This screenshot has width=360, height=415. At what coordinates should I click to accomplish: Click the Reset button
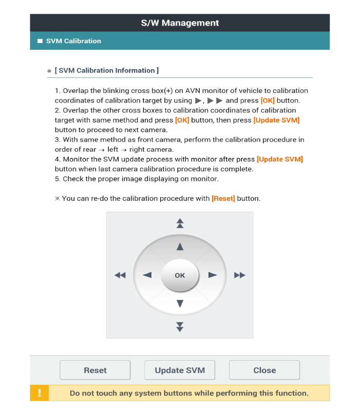[x=95, y=370]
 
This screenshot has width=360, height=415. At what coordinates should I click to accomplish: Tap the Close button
[x=264, y=370]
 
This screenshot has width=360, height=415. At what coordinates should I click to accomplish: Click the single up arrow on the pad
[x=180, y=247]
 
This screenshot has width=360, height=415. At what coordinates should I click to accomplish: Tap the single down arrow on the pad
[x=180, y=304]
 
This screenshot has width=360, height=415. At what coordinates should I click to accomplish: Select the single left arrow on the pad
[x=147, y=275]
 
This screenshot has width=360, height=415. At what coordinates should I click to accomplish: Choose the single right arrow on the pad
[x=212, y=275]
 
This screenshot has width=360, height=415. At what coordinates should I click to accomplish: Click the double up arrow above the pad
[x=180, y=223]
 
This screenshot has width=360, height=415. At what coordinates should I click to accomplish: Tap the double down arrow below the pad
[x=180, y=327]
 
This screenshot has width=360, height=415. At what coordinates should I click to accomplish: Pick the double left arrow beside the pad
[x=120, y=275]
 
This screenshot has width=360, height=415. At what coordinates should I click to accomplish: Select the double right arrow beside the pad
[x=240, y=275]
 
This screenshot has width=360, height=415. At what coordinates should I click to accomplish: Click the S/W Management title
[x=180, y=23]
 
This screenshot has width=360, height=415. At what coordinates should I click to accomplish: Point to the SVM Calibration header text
[x=73, y=41]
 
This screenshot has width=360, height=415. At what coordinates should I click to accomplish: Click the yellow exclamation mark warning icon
[x=40, y=393]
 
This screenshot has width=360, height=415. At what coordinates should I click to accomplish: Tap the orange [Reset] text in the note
[x=223, y=198]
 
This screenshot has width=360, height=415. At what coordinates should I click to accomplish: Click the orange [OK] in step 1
[x=268, y=101]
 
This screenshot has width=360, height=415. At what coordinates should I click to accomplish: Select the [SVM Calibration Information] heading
[x=106, y=70]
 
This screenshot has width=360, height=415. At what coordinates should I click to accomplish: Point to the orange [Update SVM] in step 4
[x=279, y=159]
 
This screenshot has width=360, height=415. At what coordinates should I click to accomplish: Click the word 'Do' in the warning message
[x=75, y=393]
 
